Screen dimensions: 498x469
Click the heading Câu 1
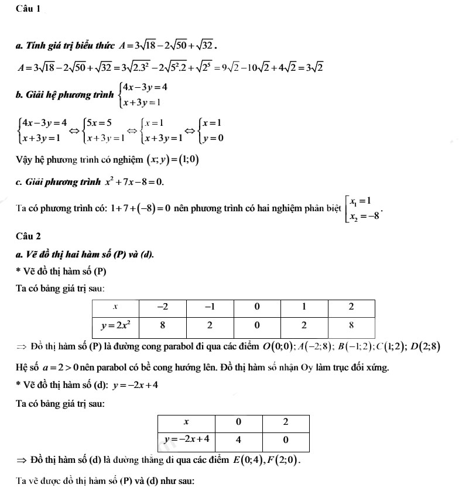(x=29, y=9)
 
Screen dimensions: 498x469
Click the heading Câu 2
(x=29, y=236)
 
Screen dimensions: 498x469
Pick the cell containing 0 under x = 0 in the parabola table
(x=257, y=325)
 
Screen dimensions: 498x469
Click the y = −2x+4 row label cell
(x=186, y=439)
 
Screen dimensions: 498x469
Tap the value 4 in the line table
(x=239, y=439)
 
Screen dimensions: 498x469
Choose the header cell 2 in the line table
(x=285, y=422)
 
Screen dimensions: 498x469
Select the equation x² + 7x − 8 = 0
(x=134, y=182)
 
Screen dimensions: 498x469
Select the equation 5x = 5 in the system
(x=97, y=123)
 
